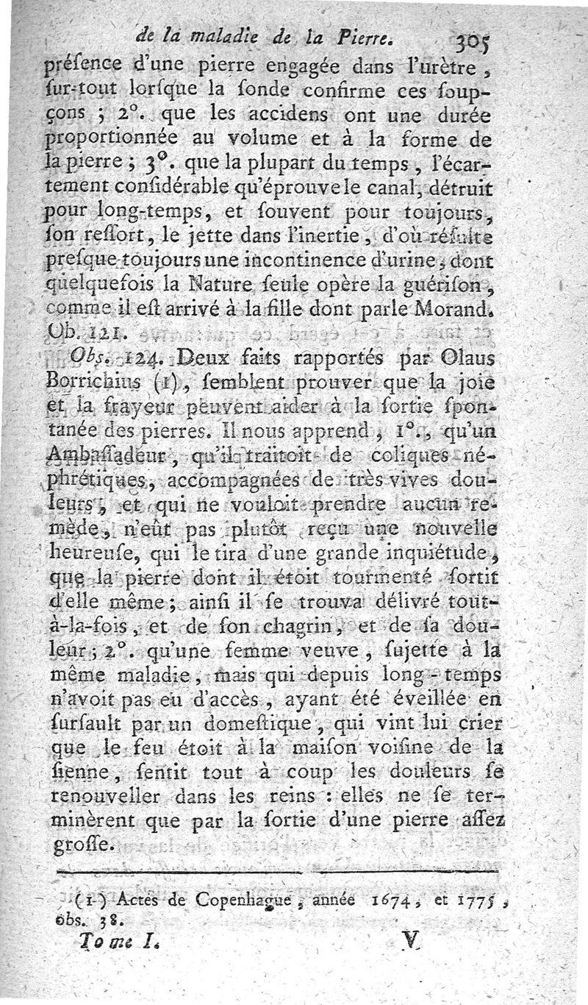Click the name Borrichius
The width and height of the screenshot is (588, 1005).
[101, 382]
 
